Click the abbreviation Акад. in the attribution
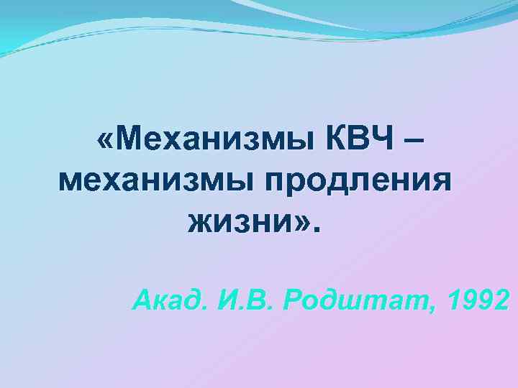click(169, 296)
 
